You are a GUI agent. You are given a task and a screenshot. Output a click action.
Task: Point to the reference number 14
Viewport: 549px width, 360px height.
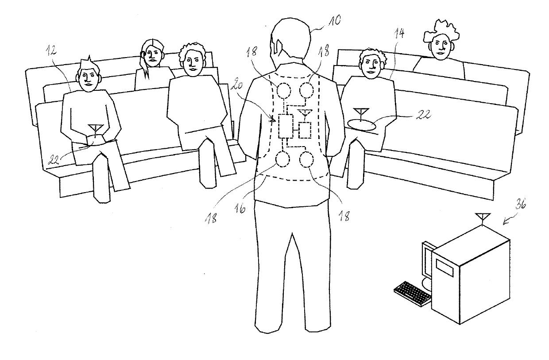399,34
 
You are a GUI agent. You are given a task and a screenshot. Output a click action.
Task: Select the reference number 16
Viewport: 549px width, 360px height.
240,208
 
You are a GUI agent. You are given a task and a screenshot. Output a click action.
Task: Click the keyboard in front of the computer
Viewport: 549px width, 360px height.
413,293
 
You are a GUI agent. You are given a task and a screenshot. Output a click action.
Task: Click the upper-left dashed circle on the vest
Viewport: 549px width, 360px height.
284,91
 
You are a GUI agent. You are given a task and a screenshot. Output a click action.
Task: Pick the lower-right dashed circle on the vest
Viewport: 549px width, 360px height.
306,160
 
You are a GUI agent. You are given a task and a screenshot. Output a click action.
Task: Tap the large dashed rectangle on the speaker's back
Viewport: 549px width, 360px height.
286,126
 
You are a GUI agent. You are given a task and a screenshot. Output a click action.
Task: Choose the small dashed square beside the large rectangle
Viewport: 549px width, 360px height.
305,130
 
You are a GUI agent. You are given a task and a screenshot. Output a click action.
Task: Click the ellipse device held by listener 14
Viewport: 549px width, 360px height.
362,125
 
